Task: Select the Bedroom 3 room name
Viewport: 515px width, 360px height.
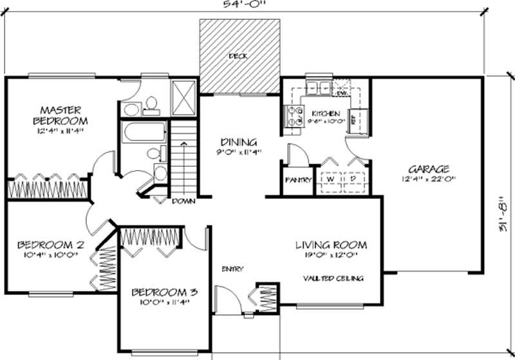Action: (x=164, y=292)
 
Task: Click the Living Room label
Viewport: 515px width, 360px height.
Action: (x=331, y=245)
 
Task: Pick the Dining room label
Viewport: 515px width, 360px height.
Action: (x=239, y=142)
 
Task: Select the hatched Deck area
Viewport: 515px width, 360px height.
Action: (x=239, y=56)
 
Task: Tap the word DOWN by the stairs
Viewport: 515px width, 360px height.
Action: (x=183, y=201)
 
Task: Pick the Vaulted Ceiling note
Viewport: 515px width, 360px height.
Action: (x=333, y=278)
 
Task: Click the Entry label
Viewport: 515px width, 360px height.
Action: (x=232, y=269)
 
